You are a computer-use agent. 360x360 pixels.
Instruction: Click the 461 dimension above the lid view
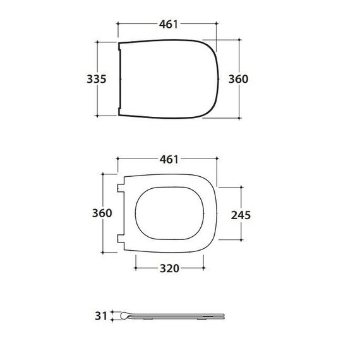(169, 25)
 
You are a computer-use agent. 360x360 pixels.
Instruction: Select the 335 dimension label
(97, 79)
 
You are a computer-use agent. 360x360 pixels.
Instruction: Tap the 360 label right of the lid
(238, 79)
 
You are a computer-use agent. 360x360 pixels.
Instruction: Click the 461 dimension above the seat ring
(169, 159)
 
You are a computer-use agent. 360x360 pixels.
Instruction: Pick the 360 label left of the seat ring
(102, 213)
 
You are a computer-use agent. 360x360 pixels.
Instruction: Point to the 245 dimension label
(241, 215)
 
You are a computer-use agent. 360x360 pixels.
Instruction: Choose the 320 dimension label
(169, 268)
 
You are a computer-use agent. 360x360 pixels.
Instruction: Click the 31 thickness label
(101, 316)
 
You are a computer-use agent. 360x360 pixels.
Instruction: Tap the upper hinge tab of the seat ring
(121, 188)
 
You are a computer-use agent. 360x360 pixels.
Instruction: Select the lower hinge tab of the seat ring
(121, 239)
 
